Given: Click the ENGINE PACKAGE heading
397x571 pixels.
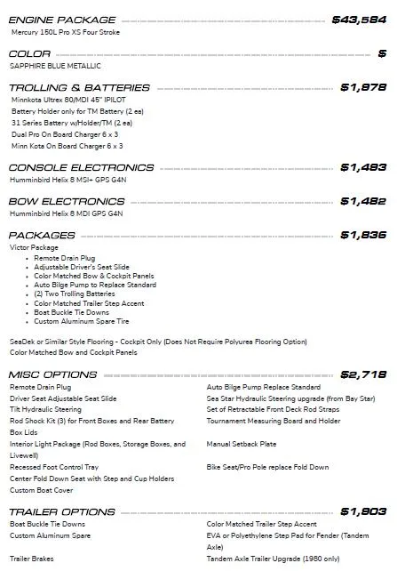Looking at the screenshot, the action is coord(62,19).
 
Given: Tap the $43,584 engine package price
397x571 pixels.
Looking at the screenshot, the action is coord(359,19).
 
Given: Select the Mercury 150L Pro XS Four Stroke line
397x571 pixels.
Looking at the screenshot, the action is coord(66,32).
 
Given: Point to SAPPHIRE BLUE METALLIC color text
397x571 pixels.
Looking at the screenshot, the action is coord(55,66).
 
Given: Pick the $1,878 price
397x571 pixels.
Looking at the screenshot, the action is coord(363,87).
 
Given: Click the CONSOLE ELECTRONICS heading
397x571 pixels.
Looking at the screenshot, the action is coord(81,167).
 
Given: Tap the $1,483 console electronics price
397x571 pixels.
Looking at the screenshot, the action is coord(363,167).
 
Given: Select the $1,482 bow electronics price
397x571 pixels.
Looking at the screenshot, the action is coord(363,201).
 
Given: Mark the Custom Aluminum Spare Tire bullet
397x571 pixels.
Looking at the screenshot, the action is coord(82,321).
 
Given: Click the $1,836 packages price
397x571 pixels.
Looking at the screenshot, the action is coord(363,235).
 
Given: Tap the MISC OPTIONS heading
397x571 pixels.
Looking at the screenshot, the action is coord(66,374).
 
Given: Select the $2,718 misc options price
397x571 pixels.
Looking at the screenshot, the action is coord(363,374).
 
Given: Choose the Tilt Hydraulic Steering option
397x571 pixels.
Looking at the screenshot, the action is coord(45,409).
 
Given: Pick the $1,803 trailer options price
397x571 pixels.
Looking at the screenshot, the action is coord(363,511).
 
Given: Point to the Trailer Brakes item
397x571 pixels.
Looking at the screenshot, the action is coord(32,559).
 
